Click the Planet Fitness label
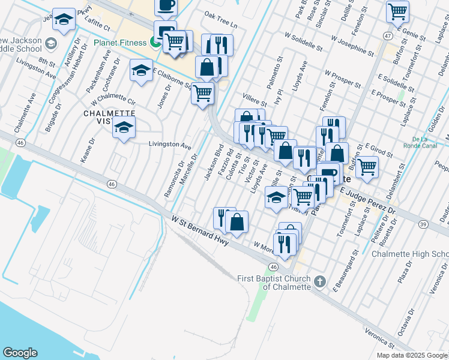click(120, 43)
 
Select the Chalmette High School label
click(410, 254)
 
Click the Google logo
click(20, 353)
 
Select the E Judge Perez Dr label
click(368, 201)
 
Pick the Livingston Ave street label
click(170, 145)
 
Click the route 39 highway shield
click(423, 224)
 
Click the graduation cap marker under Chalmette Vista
click(124, 128)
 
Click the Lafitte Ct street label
click(98, 27)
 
